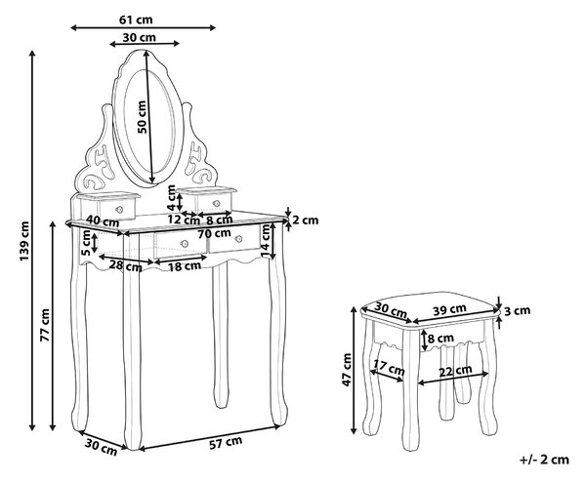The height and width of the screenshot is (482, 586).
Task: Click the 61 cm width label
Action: point(136,20)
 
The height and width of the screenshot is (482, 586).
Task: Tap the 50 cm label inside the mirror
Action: point(142,117)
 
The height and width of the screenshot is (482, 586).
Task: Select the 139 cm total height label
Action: point(24,241)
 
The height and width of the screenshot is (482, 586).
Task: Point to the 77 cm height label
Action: point(45,325)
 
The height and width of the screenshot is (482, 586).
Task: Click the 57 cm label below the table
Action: point(226,443)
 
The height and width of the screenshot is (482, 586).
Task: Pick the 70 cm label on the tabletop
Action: point(214,234)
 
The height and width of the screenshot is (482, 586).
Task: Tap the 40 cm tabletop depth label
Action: point(102,221)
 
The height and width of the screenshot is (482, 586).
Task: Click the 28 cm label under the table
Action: point(126,265)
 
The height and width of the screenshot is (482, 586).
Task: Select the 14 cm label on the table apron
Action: point(266,241)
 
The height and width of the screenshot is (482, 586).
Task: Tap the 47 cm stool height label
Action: point(347,370)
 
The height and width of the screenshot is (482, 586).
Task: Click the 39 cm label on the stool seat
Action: point(449,309)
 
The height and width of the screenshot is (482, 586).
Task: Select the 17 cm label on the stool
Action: point(389,369)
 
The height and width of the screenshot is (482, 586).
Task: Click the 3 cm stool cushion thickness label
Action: point(518,310)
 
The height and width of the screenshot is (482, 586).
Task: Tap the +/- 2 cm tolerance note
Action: point(544,460)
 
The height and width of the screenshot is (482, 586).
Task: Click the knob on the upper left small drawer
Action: point(119,210)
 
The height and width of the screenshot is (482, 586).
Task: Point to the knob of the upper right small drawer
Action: point(216,204)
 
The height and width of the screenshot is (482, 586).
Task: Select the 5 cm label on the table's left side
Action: point(86,243)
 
